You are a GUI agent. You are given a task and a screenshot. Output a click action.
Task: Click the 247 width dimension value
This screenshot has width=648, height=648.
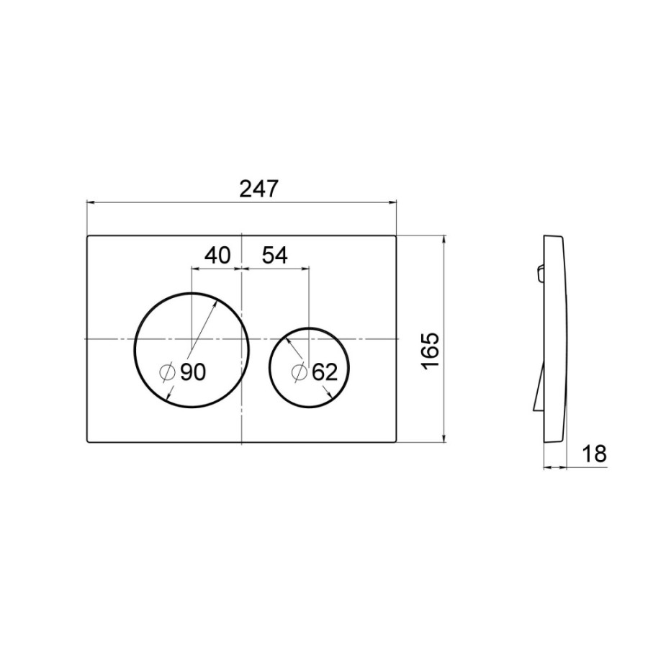tap(258, 189)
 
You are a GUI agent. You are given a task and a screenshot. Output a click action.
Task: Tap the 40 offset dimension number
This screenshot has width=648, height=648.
tap(217, 256)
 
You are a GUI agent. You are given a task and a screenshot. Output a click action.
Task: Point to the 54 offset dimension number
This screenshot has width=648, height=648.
tap(275, 256)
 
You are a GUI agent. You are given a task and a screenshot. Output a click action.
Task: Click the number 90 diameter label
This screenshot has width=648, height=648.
tap(193, 372)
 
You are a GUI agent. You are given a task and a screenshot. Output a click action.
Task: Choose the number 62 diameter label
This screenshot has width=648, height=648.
tap(325, 372)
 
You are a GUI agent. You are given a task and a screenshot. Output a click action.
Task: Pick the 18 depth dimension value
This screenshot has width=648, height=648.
tap(594, 454)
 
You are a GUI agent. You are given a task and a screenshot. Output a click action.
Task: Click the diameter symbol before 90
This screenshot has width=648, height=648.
tap(168, 372)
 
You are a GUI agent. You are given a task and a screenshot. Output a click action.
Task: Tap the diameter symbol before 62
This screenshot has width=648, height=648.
tap(299, 372)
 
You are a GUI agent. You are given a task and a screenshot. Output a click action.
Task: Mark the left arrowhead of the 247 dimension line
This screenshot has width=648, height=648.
tap(91, 202)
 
